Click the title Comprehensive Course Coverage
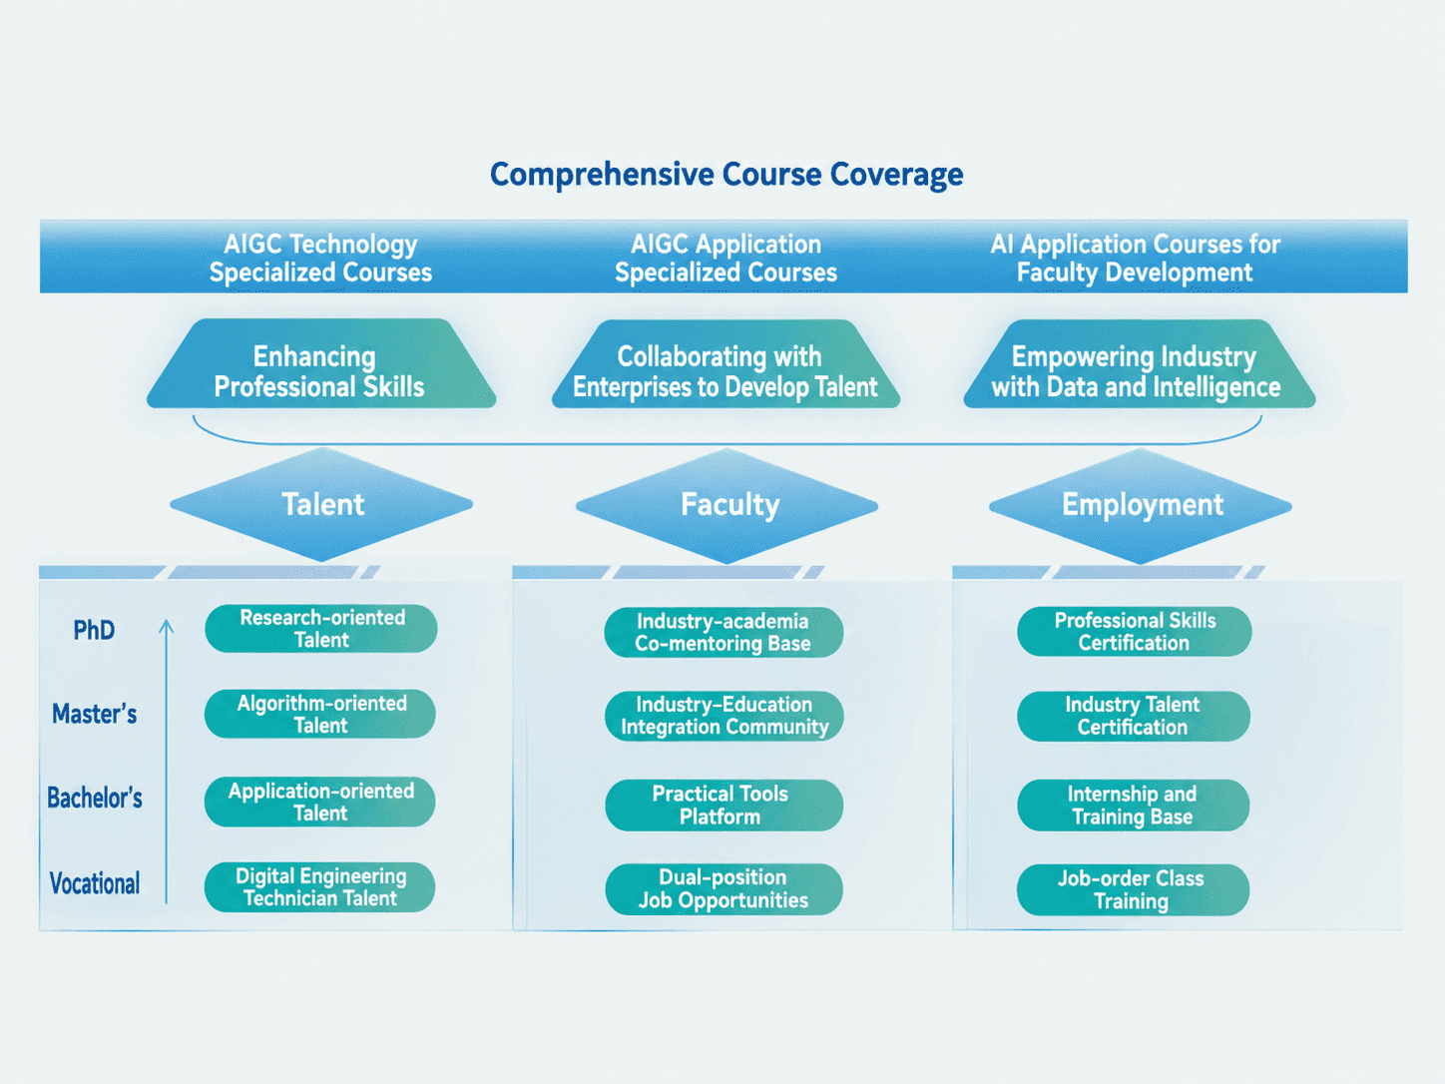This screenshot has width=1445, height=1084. [726, 175]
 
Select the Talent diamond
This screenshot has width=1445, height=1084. [322, 505]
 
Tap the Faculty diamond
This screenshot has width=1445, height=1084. [727, 505]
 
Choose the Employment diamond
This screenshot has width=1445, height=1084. [1141, 505]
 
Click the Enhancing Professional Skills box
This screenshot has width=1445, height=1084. [321, 364]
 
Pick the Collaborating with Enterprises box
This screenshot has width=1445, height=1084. [725, 364]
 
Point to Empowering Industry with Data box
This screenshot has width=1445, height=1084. [1140, 364]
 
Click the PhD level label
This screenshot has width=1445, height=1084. [94, 630]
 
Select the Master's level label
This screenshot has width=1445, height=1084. [95, 714]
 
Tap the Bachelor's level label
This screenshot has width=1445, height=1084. [95, 798]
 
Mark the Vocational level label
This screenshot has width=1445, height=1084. [95, 883]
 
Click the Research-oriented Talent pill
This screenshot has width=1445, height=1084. [321, 629]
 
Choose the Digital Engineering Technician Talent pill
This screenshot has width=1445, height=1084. [320, 887]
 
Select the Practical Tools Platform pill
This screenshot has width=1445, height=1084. [723, 805]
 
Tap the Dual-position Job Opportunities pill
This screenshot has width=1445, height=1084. [723, 889]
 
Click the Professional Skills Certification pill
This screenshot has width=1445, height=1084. [1135, 631]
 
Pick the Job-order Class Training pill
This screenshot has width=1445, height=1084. [1133, 889]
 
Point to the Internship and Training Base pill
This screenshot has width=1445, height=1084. [1133, 806]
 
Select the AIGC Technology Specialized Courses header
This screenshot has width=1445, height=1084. [320, 258]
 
